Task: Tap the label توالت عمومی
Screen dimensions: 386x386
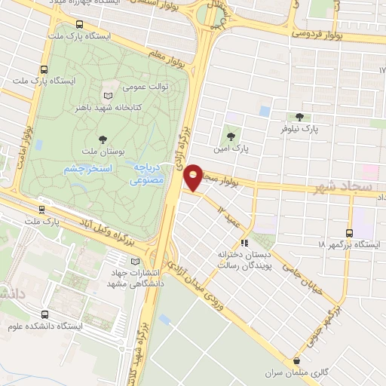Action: pos(146,85)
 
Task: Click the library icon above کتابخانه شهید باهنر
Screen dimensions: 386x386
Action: pos(108,95)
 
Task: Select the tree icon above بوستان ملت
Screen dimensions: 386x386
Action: pos(103,139)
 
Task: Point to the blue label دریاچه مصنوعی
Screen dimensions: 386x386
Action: pos(144,174)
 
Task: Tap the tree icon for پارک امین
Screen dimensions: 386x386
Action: pos(231,137)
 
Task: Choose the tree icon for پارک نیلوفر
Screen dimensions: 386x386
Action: pos(300,116)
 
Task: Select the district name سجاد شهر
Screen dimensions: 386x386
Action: pos(340,186)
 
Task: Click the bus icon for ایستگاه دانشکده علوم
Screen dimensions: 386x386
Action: pos(46,314)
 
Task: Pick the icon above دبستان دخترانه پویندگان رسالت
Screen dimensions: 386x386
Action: pos(244,243)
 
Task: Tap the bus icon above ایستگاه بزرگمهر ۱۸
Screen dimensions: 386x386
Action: pos(349,233)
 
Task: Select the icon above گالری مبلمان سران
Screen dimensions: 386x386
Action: pos(298,362)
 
